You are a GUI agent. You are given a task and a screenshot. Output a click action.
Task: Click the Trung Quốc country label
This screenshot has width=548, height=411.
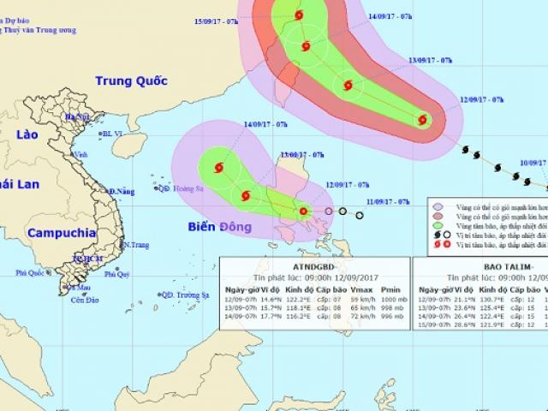pos(130,81)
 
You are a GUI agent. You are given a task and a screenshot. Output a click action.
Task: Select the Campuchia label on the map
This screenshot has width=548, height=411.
pos(60,232)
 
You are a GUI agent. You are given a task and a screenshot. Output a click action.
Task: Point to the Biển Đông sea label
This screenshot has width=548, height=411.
pos(220,227)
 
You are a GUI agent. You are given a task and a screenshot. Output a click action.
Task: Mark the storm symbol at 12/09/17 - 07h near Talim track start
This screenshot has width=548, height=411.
pos(422,120)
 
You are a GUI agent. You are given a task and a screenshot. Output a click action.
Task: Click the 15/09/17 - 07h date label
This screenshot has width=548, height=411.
pos(217,21)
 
